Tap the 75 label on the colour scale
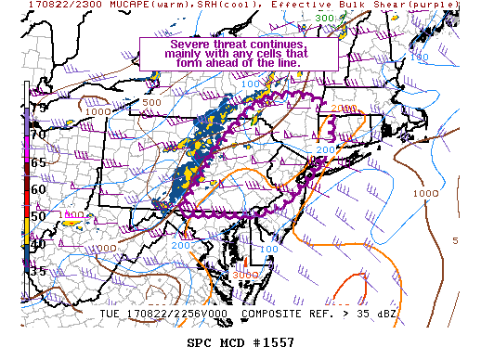point(37,108)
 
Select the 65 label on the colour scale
point(37,161)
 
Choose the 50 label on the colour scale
point(37,216)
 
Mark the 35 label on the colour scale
point(37,272)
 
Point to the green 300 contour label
point(324,18)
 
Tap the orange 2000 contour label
point(341,109)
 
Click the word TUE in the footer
point(110,315)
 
